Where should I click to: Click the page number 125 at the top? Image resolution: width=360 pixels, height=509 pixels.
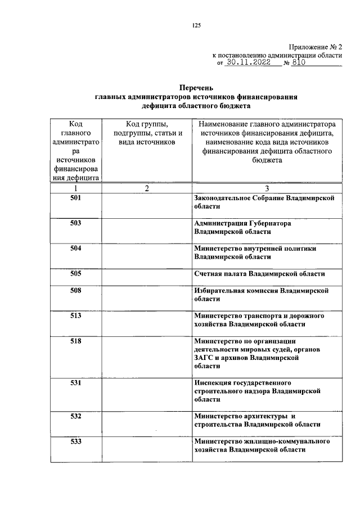[x=180, y=25]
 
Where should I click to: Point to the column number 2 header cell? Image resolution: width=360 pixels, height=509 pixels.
[x=146, y=188]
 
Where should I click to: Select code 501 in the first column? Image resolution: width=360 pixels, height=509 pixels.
[x=76, y=199]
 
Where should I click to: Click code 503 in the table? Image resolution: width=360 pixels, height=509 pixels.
[x=76, y=223]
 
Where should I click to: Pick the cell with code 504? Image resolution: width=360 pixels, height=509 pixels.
[x=76, y=248]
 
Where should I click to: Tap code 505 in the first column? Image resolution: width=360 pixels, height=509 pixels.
[x=76, y=273]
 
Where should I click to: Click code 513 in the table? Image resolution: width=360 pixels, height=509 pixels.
[x=76, y=316]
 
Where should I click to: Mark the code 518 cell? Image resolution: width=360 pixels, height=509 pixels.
[x=76, y=341]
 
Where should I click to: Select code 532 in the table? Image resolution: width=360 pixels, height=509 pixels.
[x=76, y=416]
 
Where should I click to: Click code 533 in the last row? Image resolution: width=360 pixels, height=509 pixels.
[x=76, y=442]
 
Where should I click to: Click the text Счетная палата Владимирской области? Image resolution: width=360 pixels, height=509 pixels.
[x=259, y=273]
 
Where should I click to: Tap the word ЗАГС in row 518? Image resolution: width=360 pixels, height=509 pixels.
[x=203, y=357]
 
